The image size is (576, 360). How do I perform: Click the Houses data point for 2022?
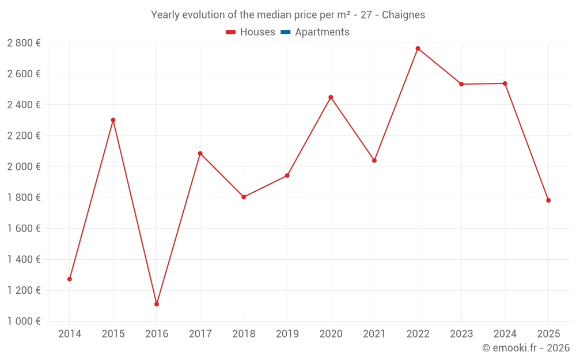click(418, 48)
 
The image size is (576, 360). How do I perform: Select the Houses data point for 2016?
click(157, 304)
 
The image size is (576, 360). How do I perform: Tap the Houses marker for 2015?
click(113, 120)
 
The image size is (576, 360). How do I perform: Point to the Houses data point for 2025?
click(548, 200)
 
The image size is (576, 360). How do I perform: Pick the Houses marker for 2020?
click(331, 97)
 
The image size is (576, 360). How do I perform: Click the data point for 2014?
click(70, 279)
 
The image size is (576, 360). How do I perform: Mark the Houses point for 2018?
click(244, 197)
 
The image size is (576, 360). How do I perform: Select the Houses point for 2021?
click(374, 160)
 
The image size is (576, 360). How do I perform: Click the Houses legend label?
click(257, 32)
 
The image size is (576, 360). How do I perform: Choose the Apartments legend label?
click(322, 32)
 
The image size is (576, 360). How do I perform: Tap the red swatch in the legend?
click(230, 32)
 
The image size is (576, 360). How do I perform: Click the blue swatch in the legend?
click(285, 32)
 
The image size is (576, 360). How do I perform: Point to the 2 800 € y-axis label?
click(24, 43)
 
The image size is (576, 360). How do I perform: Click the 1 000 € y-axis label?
click(24, 321)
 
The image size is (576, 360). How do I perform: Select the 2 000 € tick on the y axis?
click(24, 166)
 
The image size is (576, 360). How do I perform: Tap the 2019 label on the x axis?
click(287, 334)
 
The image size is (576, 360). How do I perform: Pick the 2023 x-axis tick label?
click(461, 334)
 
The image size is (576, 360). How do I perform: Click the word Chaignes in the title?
click(404, 15)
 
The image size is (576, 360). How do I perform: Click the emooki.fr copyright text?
click(526, 348)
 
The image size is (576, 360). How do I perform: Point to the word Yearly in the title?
click(165, 15)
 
